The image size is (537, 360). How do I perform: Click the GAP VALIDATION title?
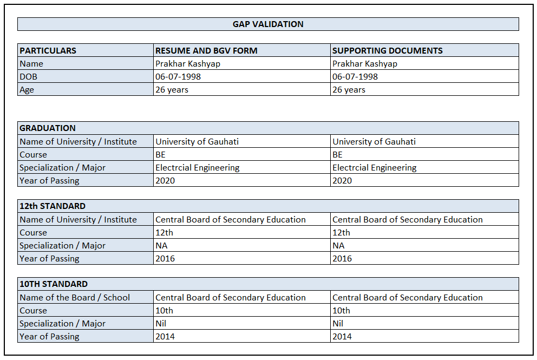268,24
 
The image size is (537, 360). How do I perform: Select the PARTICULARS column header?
48,51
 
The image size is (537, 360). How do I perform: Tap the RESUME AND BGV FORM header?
206,51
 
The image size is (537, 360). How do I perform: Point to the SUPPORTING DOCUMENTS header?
388,51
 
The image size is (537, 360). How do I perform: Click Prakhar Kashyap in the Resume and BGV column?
188,64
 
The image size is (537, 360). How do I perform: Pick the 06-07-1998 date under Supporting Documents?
355,77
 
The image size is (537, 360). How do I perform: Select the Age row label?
27,90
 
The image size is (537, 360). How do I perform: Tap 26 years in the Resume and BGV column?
172,90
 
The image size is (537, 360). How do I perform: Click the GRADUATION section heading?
48,128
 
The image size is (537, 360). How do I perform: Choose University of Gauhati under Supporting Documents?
374,142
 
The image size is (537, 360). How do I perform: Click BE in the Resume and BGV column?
161,155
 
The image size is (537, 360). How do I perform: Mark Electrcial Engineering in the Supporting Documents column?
375,168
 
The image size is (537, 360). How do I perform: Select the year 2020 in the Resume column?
165,181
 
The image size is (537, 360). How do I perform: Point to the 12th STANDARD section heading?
53,206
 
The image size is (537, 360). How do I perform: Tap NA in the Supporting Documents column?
338,246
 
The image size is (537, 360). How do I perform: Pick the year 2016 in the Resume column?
165,259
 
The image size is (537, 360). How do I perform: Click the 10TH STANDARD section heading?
54,284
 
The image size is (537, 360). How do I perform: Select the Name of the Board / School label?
75,298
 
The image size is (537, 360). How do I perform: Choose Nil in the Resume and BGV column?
161,324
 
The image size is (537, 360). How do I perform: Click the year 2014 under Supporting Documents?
342,337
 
